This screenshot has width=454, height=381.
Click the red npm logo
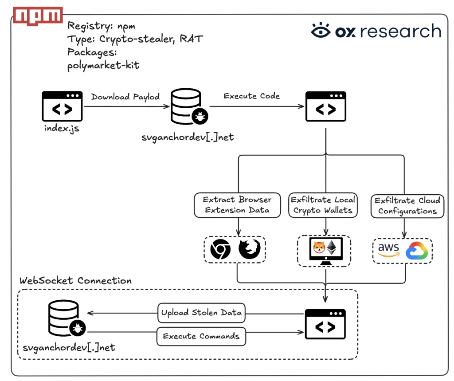38,16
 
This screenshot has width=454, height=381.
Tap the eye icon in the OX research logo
321,30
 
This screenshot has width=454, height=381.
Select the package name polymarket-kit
103,66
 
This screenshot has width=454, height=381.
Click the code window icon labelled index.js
62,106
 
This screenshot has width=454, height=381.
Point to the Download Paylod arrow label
125,97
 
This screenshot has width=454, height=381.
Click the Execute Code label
252,96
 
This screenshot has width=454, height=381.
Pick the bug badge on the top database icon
200,116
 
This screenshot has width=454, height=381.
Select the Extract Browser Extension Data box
238,205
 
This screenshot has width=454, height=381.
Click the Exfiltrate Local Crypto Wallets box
323,205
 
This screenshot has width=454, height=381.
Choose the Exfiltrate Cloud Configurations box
407,206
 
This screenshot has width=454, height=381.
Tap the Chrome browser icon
220,249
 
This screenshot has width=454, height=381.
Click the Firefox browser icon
249,248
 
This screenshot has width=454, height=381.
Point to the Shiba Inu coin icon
319,247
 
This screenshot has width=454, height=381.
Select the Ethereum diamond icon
332,248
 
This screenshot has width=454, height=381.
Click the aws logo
388,250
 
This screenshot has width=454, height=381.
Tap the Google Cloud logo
417,251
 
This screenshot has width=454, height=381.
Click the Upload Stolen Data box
202,313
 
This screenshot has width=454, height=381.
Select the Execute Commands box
201,336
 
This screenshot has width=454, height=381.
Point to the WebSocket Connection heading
75,280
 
